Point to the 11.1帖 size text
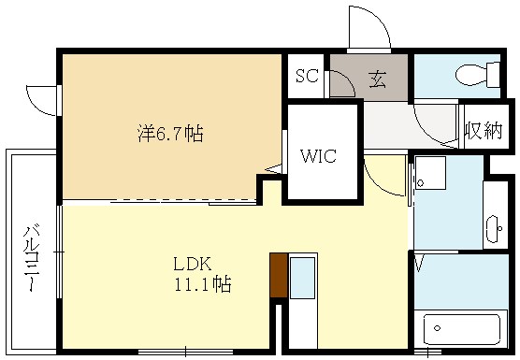coord(201,283)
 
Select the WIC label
coord(319,156)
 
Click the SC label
coord(307,77)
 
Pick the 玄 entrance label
coord(377,79)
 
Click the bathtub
coord(464,329)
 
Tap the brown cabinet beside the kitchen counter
coord(277,276)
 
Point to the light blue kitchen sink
coord(302,278)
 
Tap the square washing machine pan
coord(431,174)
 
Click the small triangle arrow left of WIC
coord(273,168)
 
